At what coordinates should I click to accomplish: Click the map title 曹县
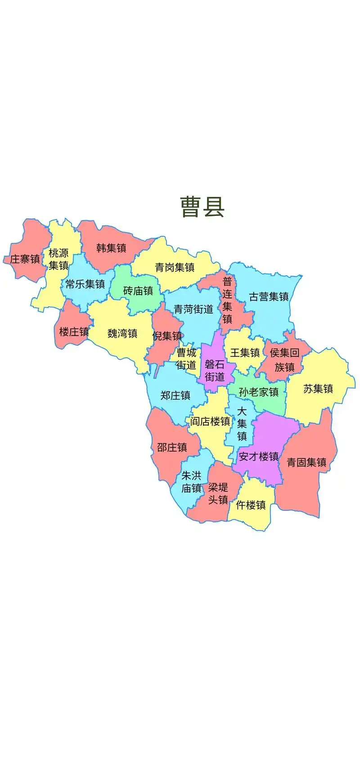(202, 206)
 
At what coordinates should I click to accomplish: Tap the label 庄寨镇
(25, 259)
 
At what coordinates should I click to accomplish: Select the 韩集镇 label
(111, 248)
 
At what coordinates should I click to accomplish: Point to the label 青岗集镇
(175, 267)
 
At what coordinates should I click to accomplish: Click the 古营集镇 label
(269, 296)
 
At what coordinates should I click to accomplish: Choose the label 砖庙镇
(138, 291)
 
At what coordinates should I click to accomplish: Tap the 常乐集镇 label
(85, 284)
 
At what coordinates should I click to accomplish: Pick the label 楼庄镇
(74, 332)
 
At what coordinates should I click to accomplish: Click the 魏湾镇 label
(122, 333)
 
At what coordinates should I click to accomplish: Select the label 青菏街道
(193, 309)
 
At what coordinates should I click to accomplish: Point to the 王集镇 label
(245, 353)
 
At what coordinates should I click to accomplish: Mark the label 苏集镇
(318, 389)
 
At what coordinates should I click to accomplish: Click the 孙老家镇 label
(259, 392)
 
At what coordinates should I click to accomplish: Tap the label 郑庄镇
(175, 395)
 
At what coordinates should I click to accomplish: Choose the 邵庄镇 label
(172, 447)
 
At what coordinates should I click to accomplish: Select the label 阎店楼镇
(210, 421)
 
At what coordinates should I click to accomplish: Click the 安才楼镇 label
(259, 457)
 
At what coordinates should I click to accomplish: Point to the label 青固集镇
(306, 462)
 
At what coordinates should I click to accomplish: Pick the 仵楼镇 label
(251, 505)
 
